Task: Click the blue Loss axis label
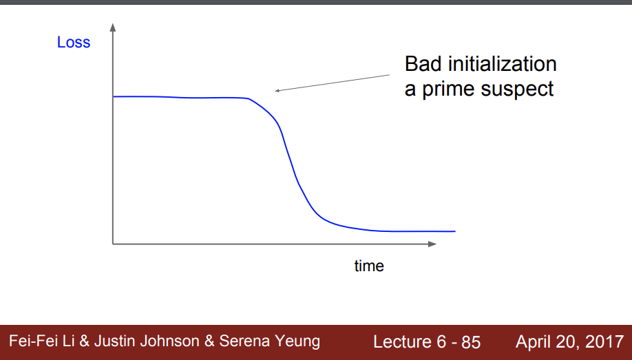(x=74, y=42)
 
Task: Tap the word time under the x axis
(x=369, y=266)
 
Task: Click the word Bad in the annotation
(x=423, y=64)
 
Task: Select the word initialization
(x=502, y=64)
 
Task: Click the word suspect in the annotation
(x=517, y=89)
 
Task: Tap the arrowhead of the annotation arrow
(x=277, y=91)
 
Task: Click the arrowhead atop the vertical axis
(x=113, y=27)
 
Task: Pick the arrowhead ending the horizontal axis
(x=432, y=244)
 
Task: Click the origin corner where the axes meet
(x=113, y=244)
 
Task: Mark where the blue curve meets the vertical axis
(x=114, y=97)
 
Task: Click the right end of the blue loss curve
(x=455, y=231)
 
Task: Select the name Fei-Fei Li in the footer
(x=42, y=341)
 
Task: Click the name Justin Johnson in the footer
(x=147, y=341)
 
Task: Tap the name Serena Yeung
(x=270, y=341)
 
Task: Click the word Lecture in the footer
(x=397, y=342)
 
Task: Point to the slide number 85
(x=471, y=342)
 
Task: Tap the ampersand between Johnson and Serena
(x=209, y=341)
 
